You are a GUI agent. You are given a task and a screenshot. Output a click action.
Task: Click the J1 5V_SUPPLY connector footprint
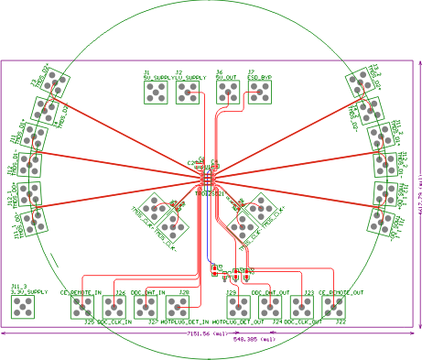pyautogui.click(x=157, y=93)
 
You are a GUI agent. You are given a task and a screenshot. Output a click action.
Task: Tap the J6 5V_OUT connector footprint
pyautogui.click(x=226, y=93)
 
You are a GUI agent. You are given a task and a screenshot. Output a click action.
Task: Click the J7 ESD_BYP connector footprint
pyautogui.click(x=258, y=93)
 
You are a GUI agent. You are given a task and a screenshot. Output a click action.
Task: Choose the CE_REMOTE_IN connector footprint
pyautogui.click(x=82, y=307)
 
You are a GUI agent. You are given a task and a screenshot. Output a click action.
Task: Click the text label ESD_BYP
pyautogui.click(x=259, y=78)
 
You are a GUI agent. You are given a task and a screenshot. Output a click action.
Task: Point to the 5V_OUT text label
pyautogui.click(x=226, y=78)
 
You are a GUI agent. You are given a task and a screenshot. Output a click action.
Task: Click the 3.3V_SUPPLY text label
pyautogui.click(x=28, y=292)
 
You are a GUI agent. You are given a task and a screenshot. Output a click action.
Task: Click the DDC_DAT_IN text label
pyautogui.click(x=147, y=292)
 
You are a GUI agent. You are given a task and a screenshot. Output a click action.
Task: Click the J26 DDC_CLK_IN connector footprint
pyautogui.click(x=114, y=307)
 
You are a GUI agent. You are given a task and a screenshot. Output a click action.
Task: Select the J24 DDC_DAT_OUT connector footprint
pyautogui.click(x=271, y=307)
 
